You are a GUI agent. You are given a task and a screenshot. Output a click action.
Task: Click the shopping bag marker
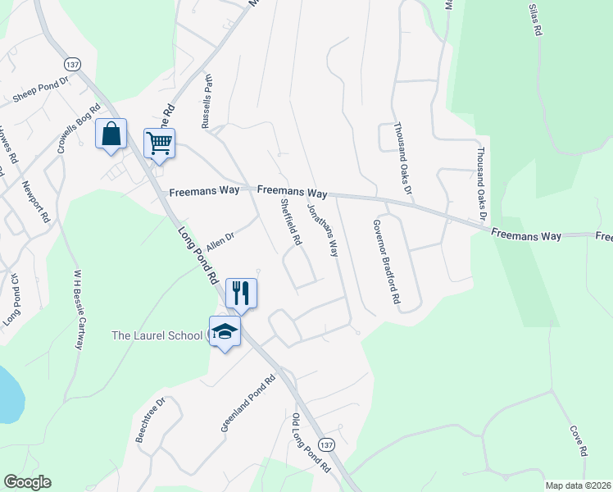coord(111,134)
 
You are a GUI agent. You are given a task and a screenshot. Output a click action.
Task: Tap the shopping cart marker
coord(159,143)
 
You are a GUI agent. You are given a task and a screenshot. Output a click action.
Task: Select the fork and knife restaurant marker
coord(241,293)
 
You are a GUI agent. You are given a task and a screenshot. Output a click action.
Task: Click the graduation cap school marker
coord(225,330)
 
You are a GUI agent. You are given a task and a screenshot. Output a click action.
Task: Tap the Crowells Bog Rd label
coord(78,129)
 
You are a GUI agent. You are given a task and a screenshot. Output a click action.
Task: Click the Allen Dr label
coord(220,239)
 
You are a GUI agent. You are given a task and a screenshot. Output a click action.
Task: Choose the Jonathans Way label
coord(322,230)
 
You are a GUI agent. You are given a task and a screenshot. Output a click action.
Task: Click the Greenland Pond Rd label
coord(247,405)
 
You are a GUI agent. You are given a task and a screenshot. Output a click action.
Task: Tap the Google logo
coord(27,482)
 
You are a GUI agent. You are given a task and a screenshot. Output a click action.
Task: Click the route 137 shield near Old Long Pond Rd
coord(327,444)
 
